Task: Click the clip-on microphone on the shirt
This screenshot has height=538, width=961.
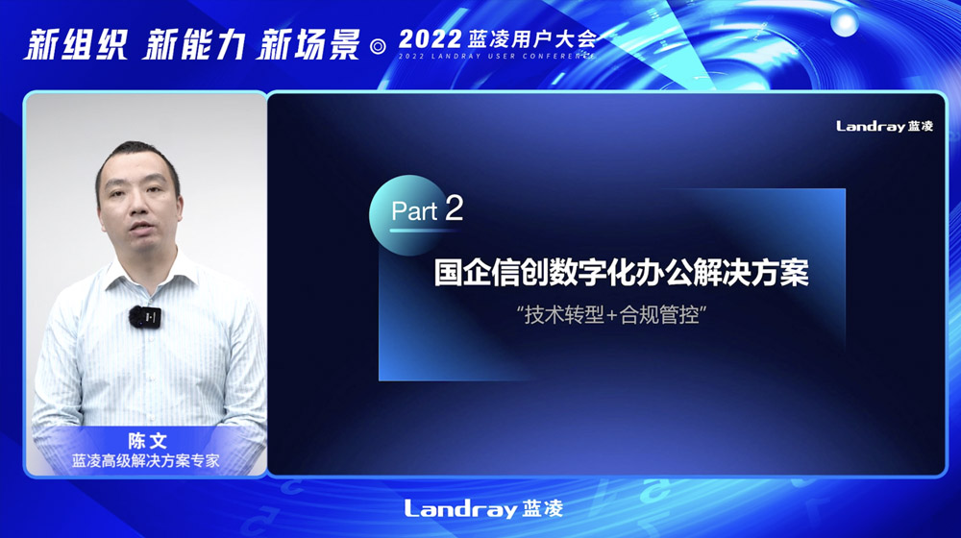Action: click(145, 317)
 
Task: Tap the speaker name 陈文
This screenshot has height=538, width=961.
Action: click(147, 441)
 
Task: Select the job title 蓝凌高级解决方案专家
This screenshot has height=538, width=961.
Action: click(146, 461)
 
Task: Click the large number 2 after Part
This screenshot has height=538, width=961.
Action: click(455, 208)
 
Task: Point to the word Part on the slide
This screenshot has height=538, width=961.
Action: click(413, 211)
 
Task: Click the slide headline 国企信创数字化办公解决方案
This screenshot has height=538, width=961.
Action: click(622, 273)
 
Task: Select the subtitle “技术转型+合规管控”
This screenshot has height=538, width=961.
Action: click(611, 315)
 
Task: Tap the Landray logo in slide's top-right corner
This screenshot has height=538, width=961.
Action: click(884, 126)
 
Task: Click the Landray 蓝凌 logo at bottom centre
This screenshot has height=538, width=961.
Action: click(483, 508)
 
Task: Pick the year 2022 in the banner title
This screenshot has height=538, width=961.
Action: click(430, 39)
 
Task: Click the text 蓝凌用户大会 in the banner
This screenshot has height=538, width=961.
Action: click(532, 39)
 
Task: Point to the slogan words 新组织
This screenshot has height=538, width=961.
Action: click(76, 45)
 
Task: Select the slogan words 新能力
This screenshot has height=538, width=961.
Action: click(194, 45)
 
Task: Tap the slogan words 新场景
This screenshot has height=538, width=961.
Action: click(308, 45)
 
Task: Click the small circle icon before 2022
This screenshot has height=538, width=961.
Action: click(379, 46)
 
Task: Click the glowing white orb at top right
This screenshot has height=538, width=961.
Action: click(844, 23)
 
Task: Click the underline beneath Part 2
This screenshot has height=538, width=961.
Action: click(424, 231)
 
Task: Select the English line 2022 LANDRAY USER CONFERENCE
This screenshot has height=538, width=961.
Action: click(497, 57)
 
